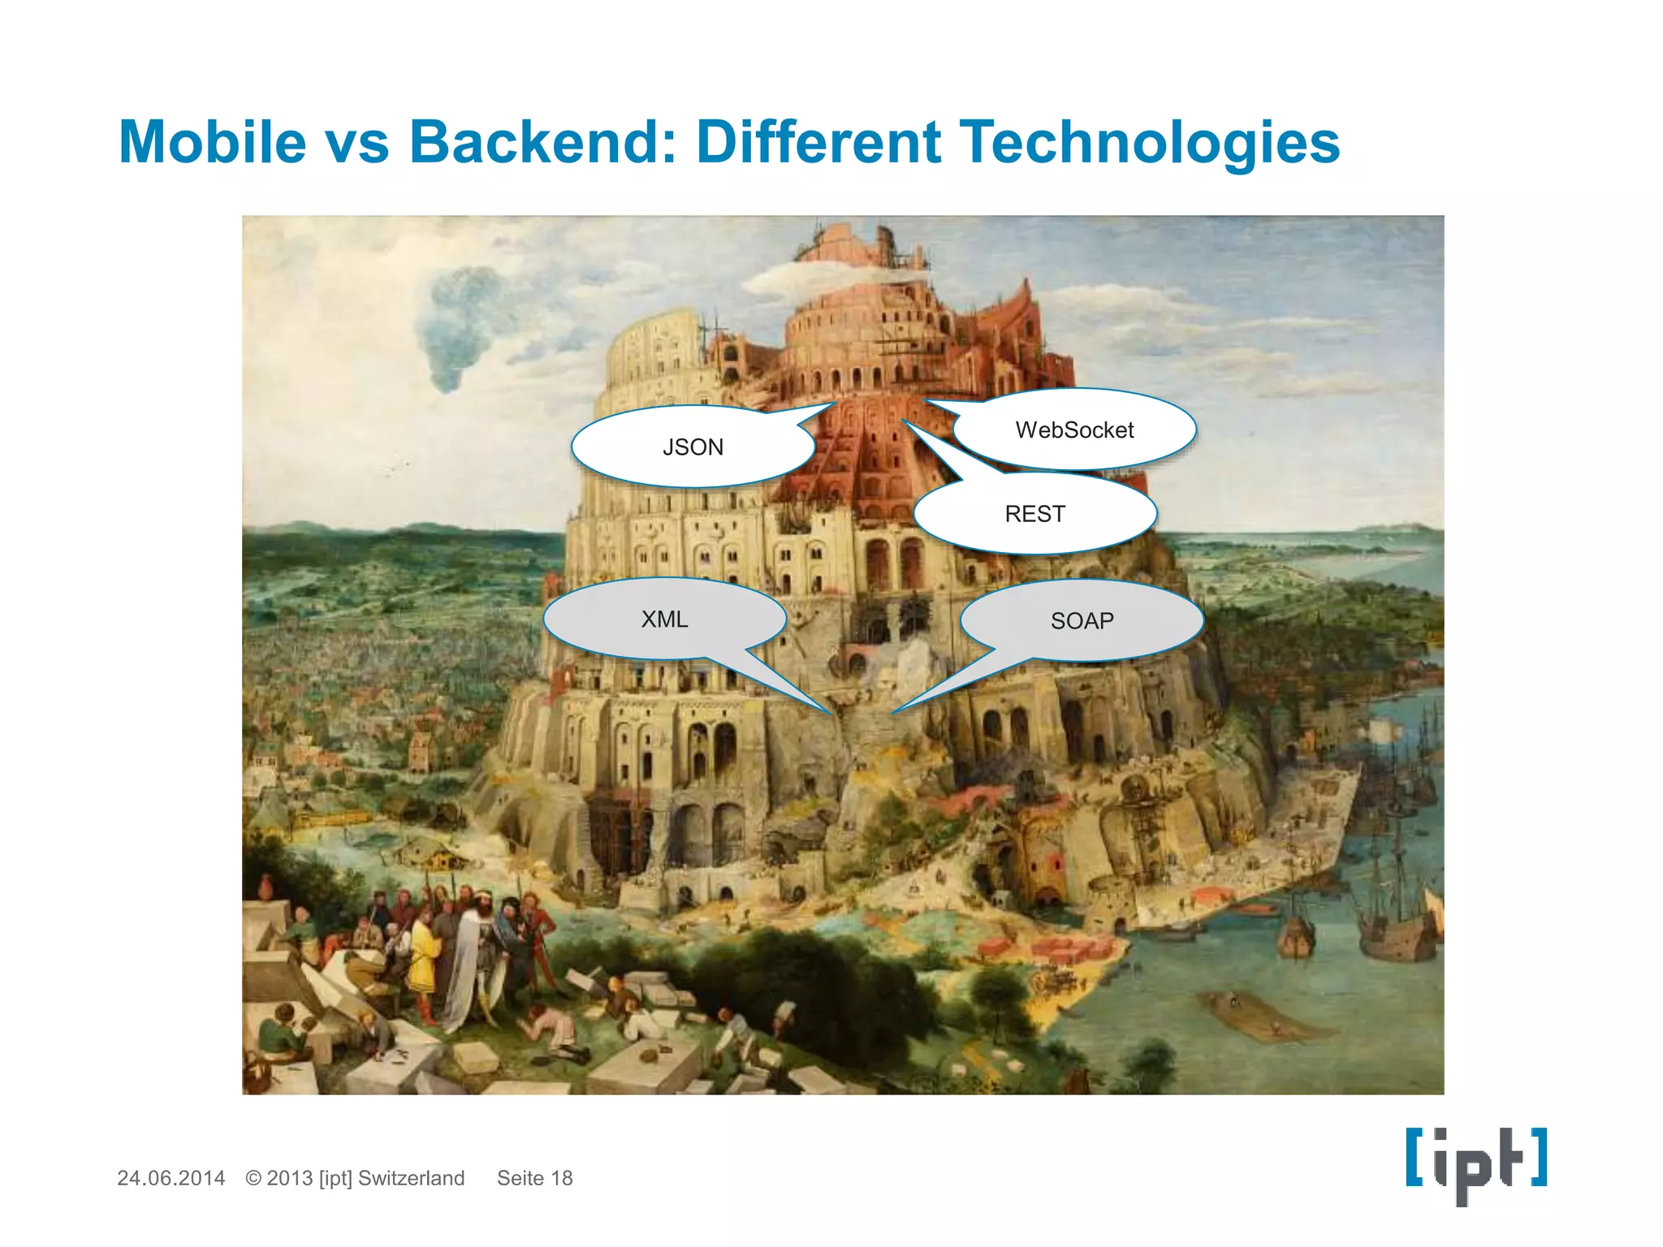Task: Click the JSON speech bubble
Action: point(693,447)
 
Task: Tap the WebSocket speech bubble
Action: point(1074,430)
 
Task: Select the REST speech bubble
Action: point(1035,514)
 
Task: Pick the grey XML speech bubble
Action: point(664,619)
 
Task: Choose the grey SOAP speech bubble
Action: point(1082,621)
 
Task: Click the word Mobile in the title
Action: point(212,143)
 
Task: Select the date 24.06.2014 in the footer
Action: point(171,1178)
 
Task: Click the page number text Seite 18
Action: point(534,1178)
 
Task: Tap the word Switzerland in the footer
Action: point(411,1178)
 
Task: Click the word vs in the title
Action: point(357,143)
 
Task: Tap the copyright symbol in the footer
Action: point(253,1178)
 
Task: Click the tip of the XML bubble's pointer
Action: point(830,713)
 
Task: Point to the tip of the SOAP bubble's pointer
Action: point(893,713)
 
